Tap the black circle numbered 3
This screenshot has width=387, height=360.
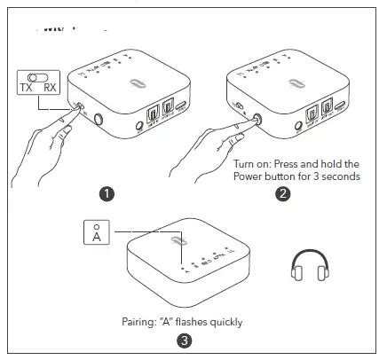coord(184,340)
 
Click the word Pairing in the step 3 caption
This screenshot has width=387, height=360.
coord(140,321)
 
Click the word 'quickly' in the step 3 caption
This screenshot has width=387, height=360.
coord(225,321)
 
